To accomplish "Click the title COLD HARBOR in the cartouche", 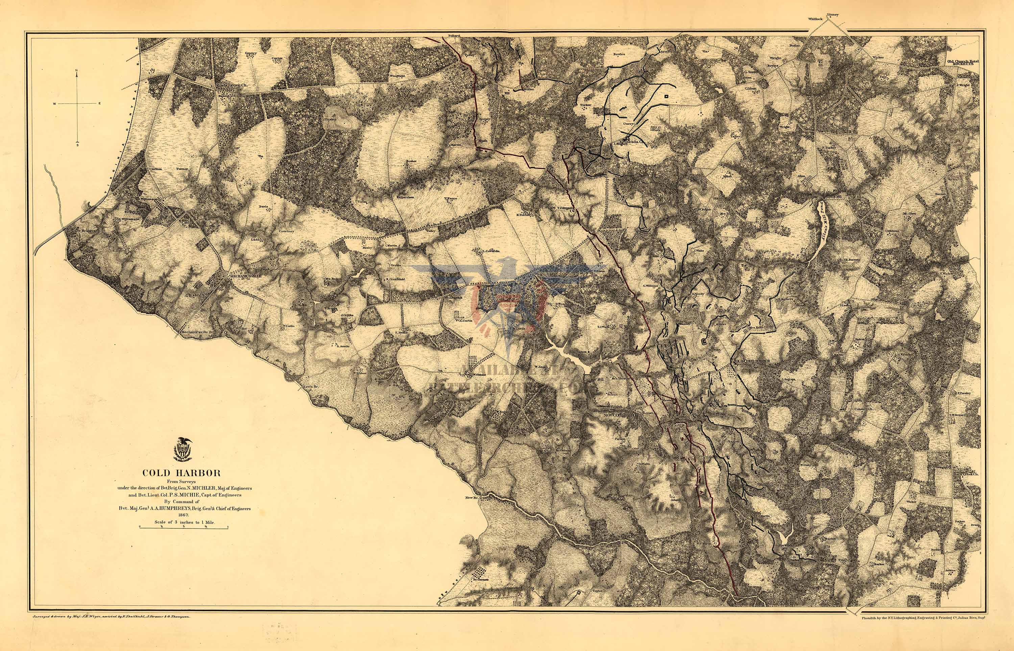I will click(x=181, y=473).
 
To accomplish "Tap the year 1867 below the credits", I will click(x=183, y=515).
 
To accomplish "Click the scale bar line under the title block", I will click(x=184, y=527).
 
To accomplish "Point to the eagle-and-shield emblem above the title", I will click(x=183, y=449).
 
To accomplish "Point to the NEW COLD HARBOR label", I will click(x=620, y=416).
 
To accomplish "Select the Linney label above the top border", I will click(x=832, y=15).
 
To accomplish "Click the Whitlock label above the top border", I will click(x=814, y=19).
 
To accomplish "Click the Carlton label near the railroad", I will click(x=155, y=169).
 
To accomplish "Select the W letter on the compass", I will click(x=54, y=104).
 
